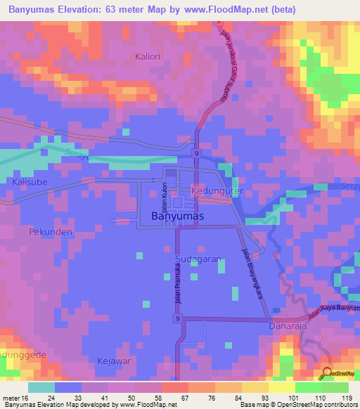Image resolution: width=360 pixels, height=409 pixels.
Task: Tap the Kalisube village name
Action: (29, 181)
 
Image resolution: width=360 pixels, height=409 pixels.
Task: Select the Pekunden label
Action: (46, 231)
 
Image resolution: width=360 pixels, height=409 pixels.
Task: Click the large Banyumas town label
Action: (177, 216)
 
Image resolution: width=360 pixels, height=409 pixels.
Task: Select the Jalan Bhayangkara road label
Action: (252, 274)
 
